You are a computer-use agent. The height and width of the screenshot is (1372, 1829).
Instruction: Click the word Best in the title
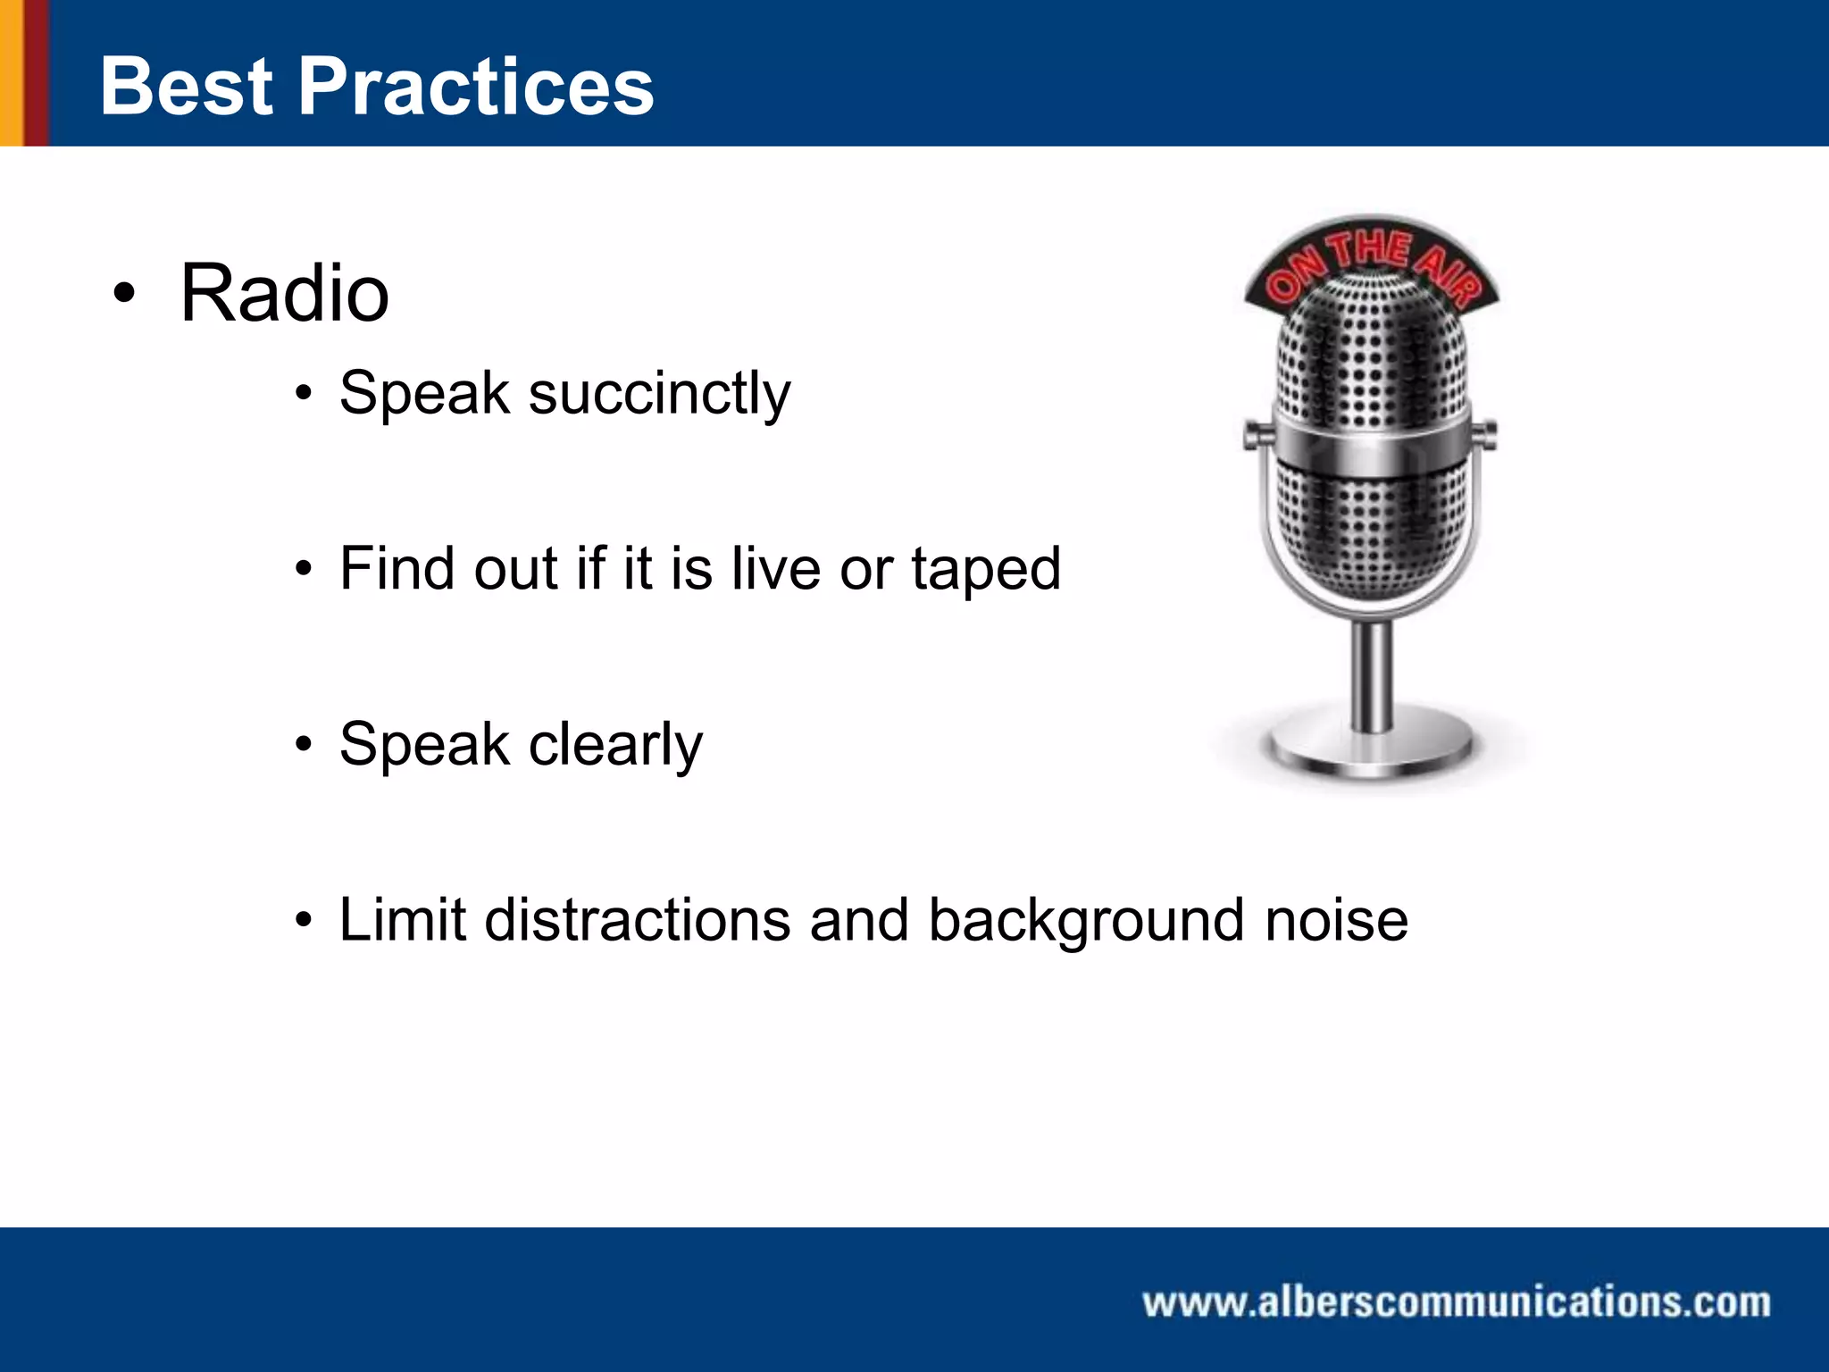(x=186, y=87)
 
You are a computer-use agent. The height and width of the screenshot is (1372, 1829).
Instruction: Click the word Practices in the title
(x=476, y=87)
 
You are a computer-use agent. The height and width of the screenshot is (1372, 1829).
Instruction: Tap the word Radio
(x=284, y=294)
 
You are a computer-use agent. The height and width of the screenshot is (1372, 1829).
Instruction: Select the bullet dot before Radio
(x=124, y=294)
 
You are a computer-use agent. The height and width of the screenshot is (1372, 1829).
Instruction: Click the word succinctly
(x=659, y=393)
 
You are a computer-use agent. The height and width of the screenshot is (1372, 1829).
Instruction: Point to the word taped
(x=985, y=570)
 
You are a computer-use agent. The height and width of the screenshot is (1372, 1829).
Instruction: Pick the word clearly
(x=615, y=745)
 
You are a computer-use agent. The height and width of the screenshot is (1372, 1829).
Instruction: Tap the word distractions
(x=637, y=920)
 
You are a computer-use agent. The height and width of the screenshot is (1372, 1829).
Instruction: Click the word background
(x=1086, y=920)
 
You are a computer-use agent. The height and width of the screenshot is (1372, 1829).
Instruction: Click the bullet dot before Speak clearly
(x=305, y=745)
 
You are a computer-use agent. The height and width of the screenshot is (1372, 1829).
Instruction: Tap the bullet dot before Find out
(x=305, y=569)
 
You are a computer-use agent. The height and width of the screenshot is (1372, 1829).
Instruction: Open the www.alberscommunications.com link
(x=1456, y=1302)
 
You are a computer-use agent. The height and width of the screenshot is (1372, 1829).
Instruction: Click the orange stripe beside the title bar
(x=11, y=71)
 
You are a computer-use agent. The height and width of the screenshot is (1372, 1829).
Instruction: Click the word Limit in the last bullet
(x=403, y=920)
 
